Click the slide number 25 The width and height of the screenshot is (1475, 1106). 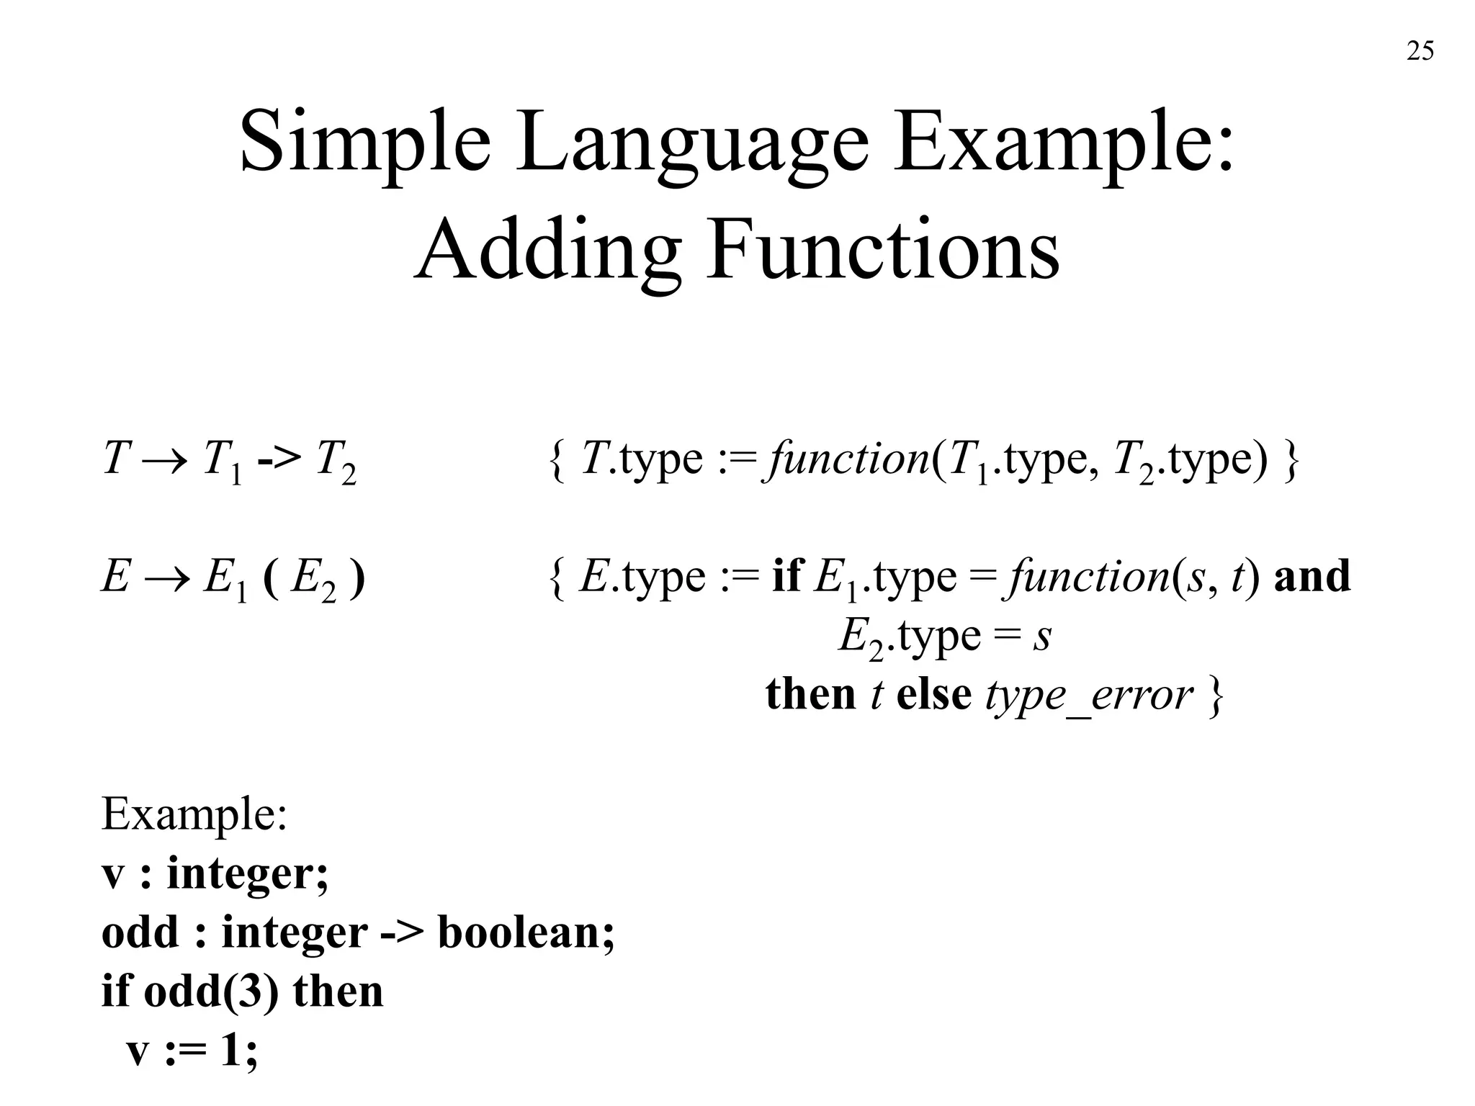pyautogui.click(x=1420, y=51)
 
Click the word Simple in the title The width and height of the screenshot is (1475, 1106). pyautogui.click(x=364, y=141)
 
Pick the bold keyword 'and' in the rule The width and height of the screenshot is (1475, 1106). pyautogui.click(x=1312, y=577)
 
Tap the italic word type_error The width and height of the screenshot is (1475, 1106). pyautogui.click(x=1088, y=696)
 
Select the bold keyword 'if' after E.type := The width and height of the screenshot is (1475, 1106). pyautogui.click(x=786, y=576)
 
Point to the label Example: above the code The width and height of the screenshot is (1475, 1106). pyautogui.click(x=194, y=814)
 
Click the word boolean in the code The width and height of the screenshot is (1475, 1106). pyautogui.click(x=526, y=932)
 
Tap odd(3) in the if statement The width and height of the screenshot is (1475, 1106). pyautogui.click(x=211, y=992)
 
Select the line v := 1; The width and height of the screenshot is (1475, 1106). pyautogui.click(x=192, y=1051)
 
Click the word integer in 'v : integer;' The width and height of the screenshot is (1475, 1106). pyautogui.click(x=247, y=874)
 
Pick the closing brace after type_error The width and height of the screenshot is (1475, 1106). pyautogui.click(x=1215, y=696)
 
